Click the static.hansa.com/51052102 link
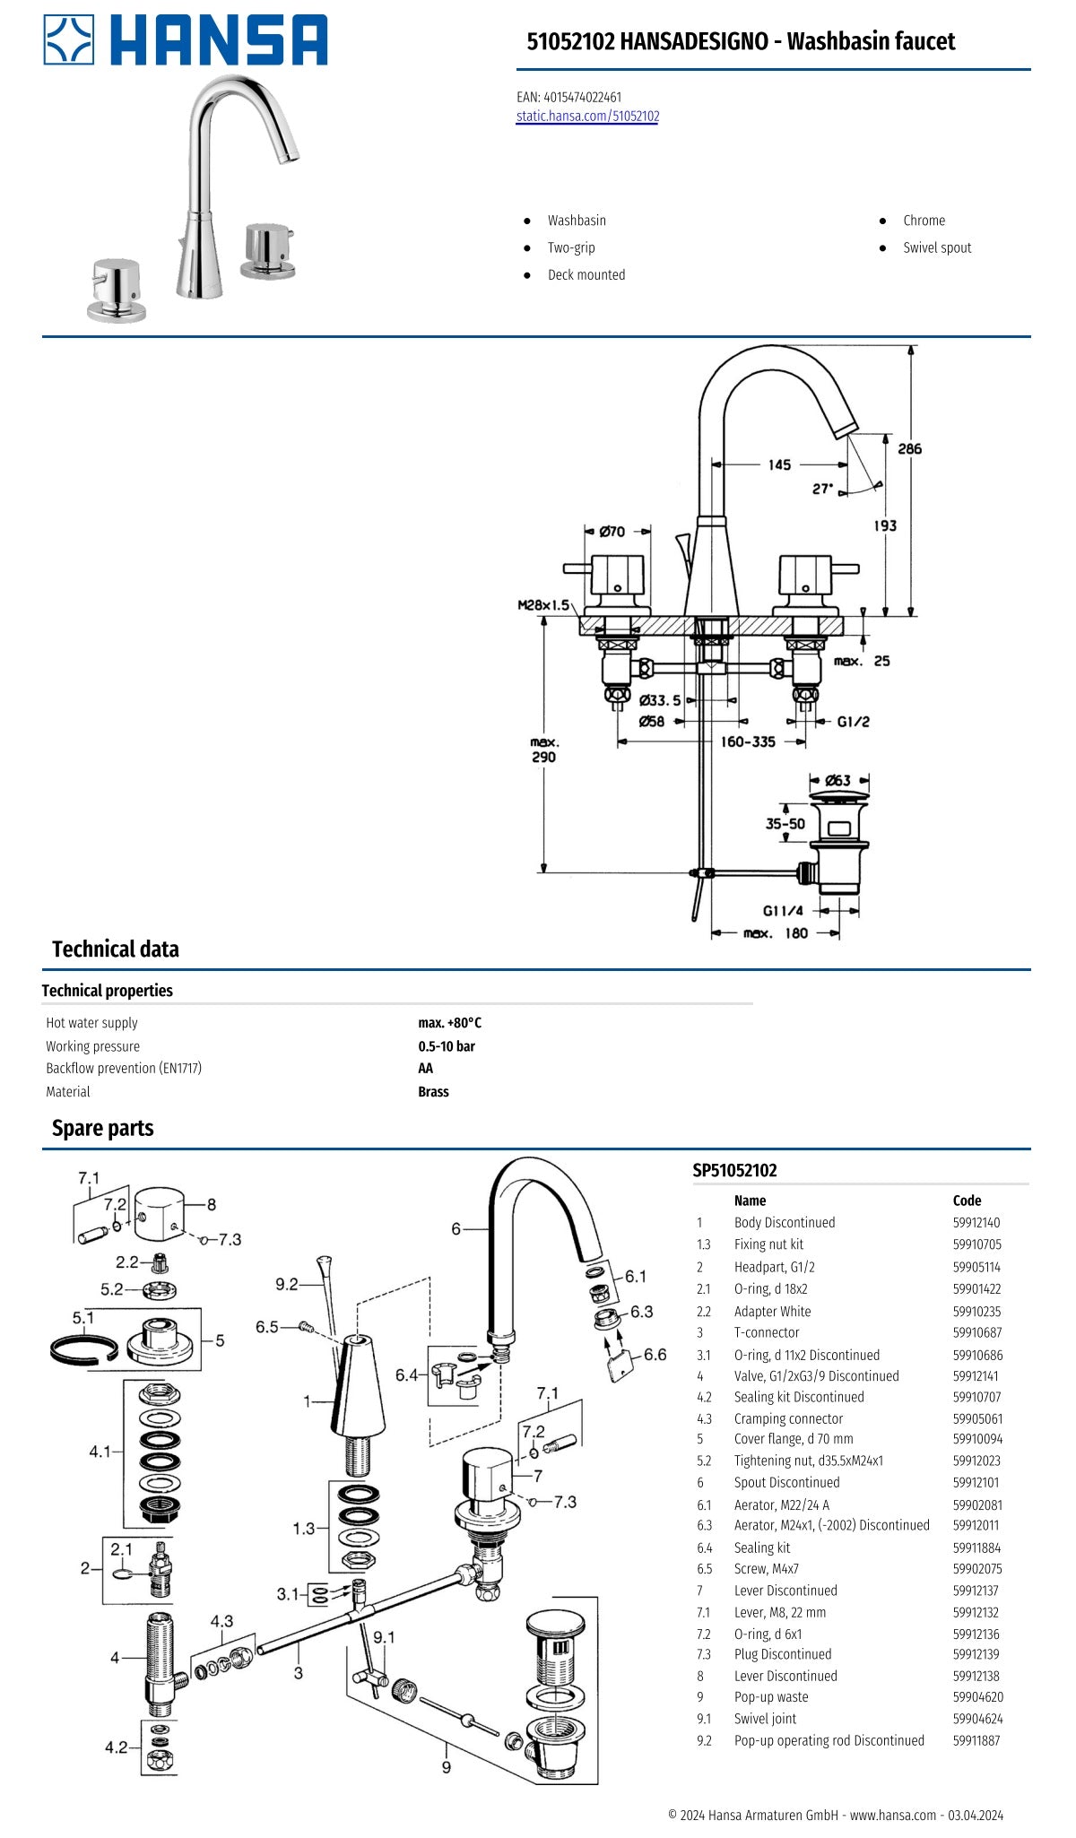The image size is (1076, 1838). (587, 117)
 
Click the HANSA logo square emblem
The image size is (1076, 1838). (69, 40)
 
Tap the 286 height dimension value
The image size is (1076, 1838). (909, 448)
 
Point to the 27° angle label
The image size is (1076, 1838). (822, 490)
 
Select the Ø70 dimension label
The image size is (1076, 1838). (612, 532)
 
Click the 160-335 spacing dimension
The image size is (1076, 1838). (748, 741)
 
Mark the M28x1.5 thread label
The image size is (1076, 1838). (543, 605)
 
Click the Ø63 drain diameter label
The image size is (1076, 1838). (837, 780)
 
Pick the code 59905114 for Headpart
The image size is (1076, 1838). (976, 1267)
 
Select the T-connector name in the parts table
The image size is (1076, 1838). (767, 1332)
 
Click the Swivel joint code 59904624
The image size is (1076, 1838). (977, 1719)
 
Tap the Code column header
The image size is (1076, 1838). (967, 1201)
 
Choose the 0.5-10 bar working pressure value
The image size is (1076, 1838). (447, 1046)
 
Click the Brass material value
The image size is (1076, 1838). (433, 1092)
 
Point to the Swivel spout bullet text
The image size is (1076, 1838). (937, 248)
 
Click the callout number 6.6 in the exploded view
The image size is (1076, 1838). (655, 1355)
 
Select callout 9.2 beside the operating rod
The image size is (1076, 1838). (286, 1285)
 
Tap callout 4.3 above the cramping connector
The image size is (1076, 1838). (221, 1621)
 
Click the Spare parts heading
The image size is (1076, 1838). (102, 1129)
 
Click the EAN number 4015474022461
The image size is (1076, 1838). (582, 97)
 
